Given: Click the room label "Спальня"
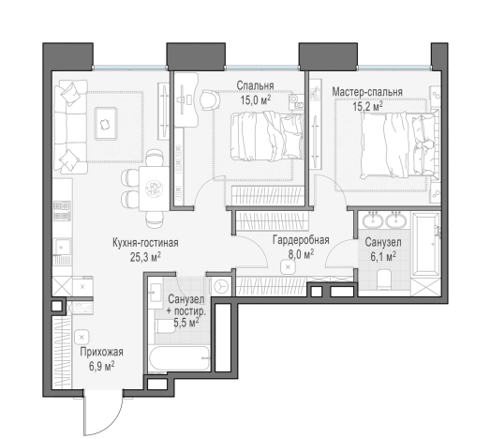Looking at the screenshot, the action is click(x=256, y=85).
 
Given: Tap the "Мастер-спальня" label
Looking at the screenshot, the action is click(x=367, y=92).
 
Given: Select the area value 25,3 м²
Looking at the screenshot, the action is click(x=145, y=257).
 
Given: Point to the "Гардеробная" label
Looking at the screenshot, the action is click(x=301, y=240).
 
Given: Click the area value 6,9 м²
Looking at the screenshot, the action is click(x=101, y=366).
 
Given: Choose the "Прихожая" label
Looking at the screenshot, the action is click(x=101, y=352).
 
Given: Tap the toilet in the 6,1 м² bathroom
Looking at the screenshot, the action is click(x=384, y=280).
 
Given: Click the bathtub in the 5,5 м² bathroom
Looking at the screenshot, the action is click(x=179, y=358).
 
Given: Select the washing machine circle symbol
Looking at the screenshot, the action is click(x=221, y=286).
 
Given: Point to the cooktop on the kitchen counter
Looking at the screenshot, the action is click(x=62, y=211).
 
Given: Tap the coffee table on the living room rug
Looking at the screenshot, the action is click(x=106, y=124).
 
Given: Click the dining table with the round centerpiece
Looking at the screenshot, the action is click(x=154, y=189).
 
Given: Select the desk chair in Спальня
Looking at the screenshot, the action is click(x=209, y=99).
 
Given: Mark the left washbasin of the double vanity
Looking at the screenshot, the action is click(x=373, y=220).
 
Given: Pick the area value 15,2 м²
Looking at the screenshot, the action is click(x=367, y=106).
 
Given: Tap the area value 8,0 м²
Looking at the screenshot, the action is click(x=301, y=254).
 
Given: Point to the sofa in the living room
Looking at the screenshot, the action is click(x=70, y=127).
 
